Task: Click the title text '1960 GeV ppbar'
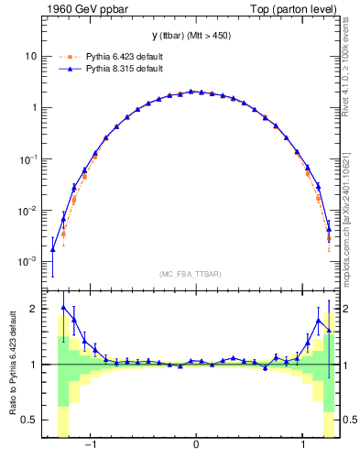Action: click(x=81, y=9)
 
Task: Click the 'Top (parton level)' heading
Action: click(x=297, y=9)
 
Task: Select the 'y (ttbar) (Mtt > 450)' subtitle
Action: click(x=195, y=36)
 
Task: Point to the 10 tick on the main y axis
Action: click(x=31, y=56)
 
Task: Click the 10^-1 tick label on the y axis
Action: click(x=28, y=158)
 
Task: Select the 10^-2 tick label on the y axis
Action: click(x=28, y=210)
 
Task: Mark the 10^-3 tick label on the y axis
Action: click(x=28, y=261)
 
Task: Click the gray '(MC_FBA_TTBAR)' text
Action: click(x=195, y=275)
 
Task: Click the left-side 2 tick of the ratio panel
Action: click(x=34, y=309)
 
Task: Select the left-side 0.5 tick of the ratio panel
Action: click(x=29, y=420)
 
